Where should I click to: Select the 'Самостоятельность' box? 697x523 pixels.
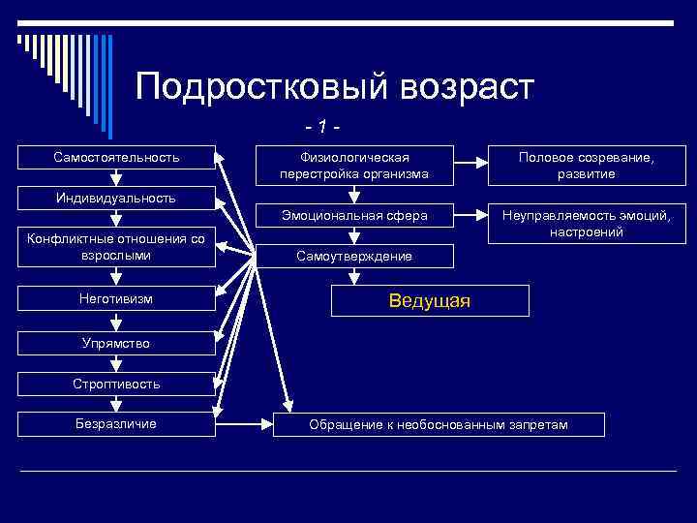point(116,157)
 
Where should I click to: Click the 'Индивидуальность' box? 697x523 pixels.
point(116,198)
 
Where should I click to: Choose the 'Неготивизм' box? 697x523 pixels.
point(116,299)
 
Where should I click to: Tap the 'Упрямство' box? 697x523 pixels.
point(116,343)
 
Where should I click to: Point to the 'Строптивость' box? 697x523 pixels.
point(116,384)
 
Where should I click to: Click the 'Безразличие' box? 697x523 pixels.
point(116,423)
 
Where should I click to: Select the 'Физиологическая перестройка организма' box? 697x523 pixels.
point(353,165)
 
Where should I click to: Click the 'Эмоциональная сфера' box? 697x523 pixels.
point(353,214)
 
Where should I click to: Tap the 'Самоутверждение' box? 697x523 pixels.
point(353,256)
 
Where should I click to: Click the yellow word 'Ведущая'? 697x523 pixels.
point(430,301)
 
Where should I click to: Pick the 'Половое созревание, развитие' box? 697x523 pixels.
point(587,165)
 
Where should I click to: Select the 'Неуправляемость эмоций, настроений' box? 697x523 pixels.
point(587,223)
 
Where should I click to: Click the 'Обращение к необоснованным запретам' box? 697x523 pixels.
point(439,424)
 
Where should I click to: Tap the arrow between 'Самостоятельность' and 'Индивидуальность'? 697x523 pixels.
point(116,178)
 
